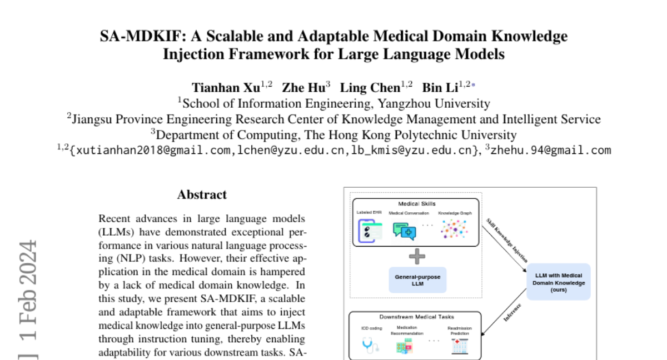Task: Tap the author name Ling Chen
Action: (370, 88)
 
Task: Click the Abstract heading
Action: (202, 195)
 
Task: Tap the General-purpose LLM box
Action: (417, 279)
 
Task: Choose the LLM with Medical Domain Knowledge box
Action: (559, 282)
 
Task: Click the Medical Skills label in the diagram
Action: (417, 204)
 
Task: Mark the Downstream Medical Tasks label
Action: (416, 317)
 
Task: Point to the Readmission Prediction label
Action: (460, 331)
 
